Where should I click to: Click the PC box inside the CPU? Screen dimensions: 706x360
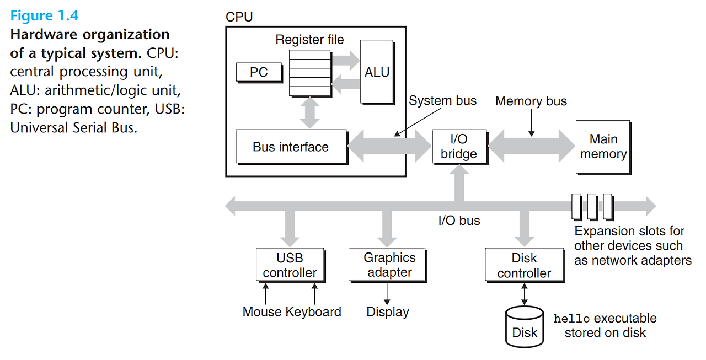tap(259, 72)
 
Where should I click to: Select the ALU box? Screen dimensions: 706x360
tap(377, 72)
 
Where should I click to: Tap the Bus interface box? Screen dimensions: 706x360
tap(291, 147)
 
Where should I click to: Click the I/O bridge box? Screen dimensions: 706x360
tap(459, 147)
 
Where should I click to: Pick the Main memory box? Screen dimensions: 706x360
tap(603, 147)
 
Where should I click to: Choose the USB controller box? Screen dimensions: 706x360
tap(290, 265)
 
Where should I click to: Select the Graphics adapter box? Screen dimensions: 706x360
tap(387, 265)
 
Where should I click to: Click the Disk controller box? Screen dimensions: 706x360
tap(525, 265)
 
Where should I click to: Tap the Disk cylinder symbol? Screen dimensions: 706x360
tap(525, 327)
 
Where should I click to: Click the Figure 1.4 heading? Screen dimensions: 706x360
tap(45, 15)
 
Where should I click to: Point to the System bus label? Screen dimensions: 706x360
tap(442, 101)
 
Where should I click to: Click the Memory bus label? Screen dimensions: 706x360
tap(531, 101)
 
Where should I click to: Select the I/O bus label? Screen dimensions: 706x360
tap(459, 221)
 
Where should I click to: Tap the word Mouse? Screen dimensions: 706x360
tap(262, 312)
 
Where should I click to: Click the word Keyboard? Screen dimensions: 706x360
tap(313, 312)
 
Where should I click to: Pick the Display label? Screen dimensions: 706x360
tap(388, 312)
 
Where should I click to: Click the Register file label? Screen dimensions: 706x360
tap(309, 40)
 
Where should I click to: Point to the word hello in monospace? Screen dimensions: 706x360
tap(571, 319)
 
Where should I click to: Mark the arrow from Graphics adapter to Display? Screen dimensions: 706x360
tap(387, 294)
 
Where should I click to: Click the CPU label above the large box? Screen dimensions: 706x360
tap(239, 17)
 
